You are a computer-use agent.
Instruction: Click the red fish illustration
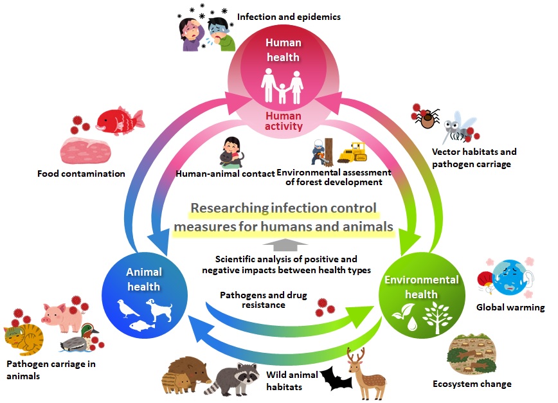(x=119, y=120)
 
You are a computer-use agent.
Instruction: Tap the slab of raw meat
(x=86, y=150)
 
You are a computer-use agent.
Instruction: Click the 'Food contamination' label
(x=81, y=174)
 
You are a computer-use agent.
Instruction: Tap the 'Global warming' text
(x=510, y=307)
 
